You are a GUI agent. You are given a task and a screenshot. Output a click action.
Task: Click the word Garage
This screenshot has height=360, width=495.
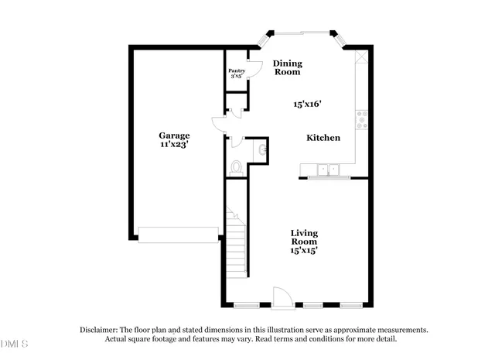pyautogui.click(x=174, y=135)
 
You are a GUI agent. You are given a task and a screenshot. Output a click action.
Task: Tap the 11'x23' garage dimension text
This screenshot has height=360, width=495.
pyautogui.click(x=174, y=145)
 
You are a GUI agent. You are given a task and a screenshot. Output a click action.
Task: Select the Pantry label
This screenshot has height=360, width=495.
pyautogui.click(x=237, y=70)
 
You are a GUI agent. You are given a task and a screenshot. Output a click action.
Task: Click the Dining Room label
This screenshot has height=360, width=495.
pyautogui.click(x=286, y=67)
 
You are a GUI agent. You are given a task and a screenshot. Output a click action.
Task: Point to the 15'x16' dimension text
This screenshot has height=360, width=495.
pyautogui.click(x=307, y=103)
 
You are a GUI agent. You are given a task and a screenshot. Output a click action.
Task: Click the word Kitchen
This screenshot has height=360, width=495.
pyautogui.click(x=323, y=138)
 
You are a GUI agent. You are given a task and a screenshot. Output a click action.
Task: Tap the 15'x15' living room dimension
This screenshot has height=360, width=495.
pyautogui.click(x=304, y=250)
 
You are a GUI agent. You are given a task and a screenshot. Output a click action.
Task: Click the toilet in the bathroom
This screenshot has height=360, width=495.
pyautogui.click(x=237, y=167)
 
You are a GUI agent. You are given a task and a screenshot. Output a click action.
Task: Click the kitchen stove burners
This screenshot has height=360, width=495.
pyautogui.click(x=360, y=118)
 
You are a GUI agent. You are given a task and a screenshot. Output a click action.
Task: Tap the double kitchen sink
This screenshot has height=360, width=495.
pyautogui.click(x=329, y=170)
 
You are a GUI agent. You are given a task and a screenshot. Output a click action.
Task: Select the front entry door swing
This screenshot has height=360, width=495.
pyautogui.click(x=282, y=297)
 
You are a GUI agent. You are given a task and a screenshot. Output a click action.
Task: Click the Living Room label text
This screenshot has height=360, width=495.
pyautogui.click(x=304, y=237)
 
